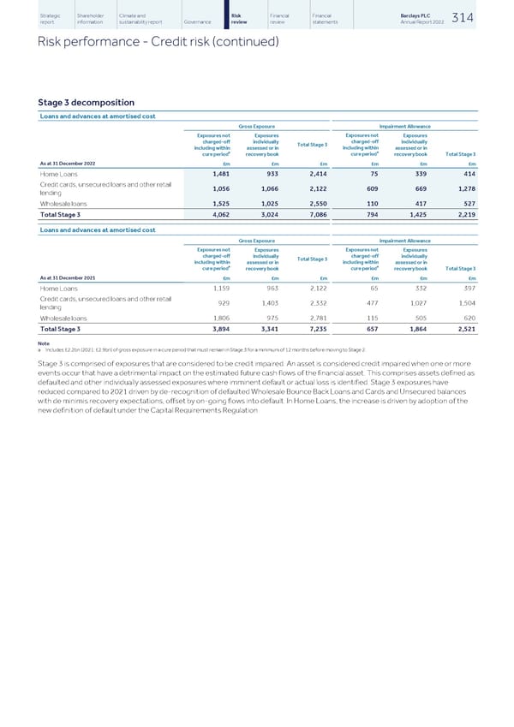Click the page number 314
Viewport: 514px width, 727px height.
pyautogui.click(x=490, y=18)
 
